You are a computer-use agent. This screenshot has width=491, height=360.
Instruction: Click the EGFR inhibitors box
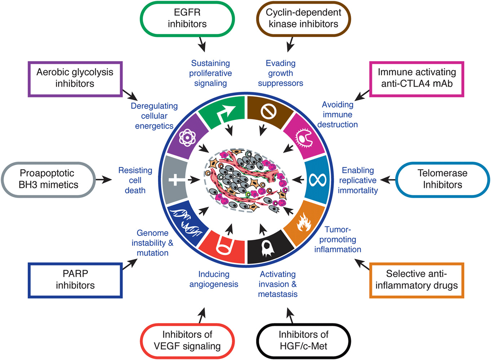[x=187, y=18]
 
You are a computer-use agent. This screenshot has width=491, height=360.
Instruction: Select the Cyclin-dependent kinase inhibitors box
[x=303, y=18]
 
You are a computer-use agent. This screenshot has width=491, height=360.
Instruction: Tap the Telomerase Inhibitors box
[x=442, y=179]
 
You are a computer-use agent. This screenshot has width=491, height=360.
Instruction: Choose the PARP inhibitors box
[x=75, y=280]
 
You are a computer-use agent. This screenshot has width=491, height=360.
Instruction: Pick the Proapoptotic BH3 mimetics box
[x=48, y=179]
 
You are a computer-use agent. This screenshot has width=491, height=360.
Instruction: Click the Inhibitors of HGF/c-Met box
[x=303, y=341]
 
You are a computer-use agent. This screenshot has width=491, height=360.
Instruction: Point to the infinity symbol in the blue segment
[x=317, y=179]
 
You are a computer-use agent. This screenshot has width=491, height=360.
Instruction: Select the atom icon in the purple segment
[x=187, y=137]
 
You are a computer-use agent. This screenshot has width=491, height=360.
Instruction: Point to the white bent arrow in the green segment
[x=226, y=112]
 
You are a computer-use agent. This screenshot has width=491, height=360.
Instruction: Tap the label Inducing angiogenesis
[x=214, y=279]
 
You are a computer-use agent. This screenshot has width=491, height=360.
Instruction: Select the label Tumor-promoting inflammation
[x=337, y=240]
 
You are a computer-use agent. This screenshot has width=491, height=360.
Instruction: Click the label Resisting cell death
[x=135, y=180]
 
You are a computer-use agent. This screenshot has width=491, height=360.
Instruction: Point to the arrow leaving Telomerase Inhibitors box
[x=388, y=179]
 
